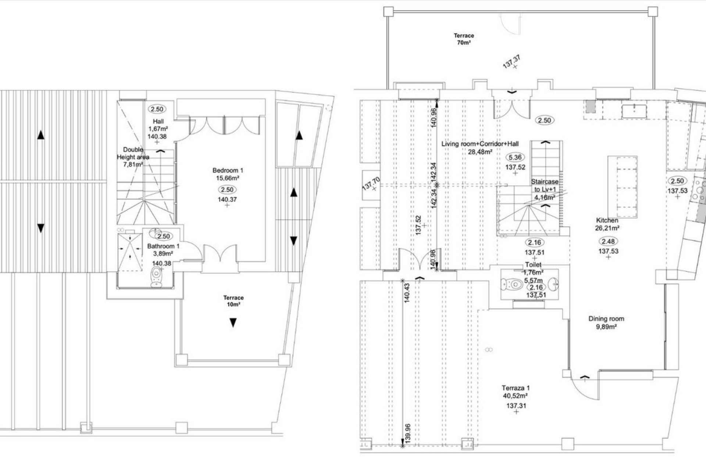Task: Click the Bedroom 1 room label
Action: pos(228,174)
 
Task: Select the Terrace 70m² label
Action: pos(464,39)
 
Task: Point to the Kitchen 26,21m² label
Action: pos(607,224)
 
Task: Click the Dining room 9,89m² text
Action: pos(606,322)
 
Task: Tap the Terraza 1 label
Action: pos(516,392)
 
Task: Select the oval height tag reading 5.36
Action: pos(515,157)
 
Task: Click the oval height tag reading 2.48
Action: pos(608,241)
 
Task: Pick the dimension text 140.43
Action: pos(407,293)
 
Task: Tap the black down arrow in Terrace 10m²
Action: pos(233,323)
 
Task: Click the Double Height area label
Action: pos(133,157)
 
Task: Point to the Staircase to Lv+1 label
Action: pos(545,189)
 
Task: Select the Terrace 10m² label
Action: pos(233,301)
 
